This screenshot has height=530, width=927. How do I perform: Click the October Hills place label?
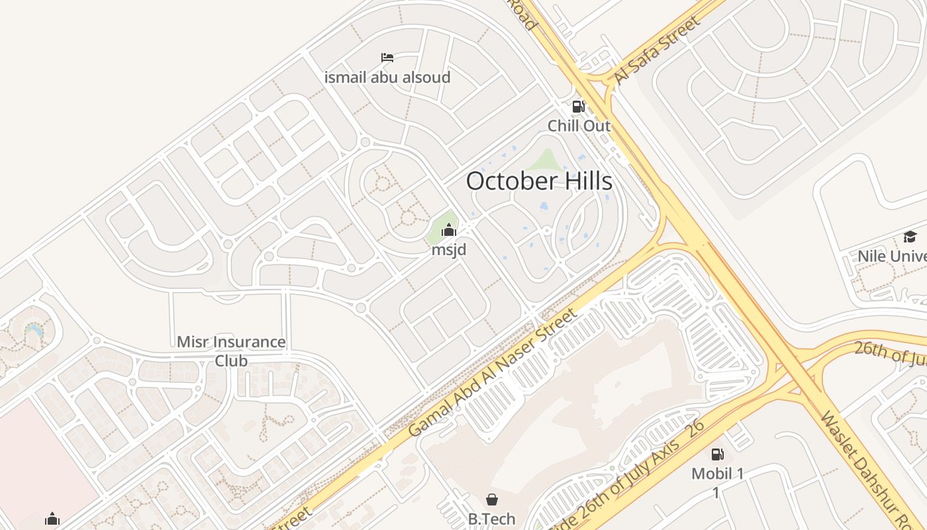pyautogui.click(x=539, y=181)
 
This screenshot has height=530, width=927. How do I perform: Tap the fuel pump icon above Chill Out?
pyautogui.click(x=578, y=106)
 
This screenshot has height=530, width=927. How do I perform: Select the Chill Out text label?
pyautogui.click(x=579, y=125)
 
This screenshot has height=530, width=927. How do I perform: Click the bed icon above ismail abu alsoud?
pyautogui.click(x=387, y=58)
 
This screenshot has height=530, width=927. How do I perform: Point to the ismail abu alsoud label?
pyautogui.click(x=387, y=78)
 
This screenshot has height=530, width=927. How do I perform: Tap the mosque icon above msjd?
pyautogui.click(x=449, y=230)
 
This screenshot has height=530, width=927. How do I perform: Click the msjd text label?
pyautogui.click(x=449, y=250)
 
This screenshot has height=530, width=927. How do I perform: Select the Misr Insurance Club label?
pyautogui.click(x=231, y=351)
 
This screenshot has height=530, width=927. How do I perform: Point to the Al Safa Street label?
pyautogui.click(x=656, y=51)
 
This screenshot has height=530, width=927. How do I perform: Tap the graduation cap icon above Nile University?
pyautogui.click(x=910, y=237)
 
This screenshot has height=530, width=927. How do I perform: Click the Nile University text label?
pyautogui.click(x=891, y=256)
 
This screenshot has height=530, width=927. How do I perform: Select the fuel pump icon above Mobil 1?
pyautogui.click(x=717, y=454)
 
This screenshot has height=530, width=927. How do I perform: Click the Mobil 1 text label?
pyautogui.click(x=718, y=474)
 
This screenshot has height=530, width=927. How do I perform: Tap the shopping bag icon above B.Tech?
pyautogui.click(x=492, y=500)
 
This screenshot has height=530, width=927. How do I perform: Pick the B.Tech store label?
pyautogui.click(x=492, y=519)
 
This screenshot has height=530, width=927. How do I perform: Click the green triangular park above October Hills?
pyautogui.click(x=546, y=160)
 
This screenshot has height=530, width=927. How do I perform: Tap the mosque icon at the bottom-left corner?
pyautogui.click(x=52, y=519)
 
